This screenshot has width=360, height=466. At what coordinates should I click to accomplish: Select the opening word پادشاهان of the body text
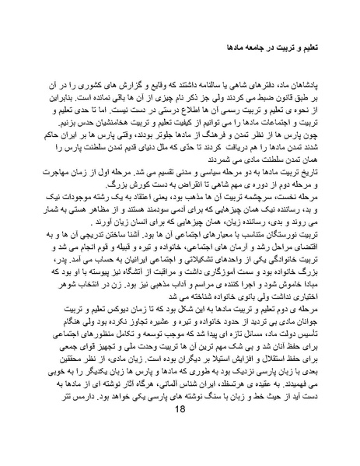point(291,80)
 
